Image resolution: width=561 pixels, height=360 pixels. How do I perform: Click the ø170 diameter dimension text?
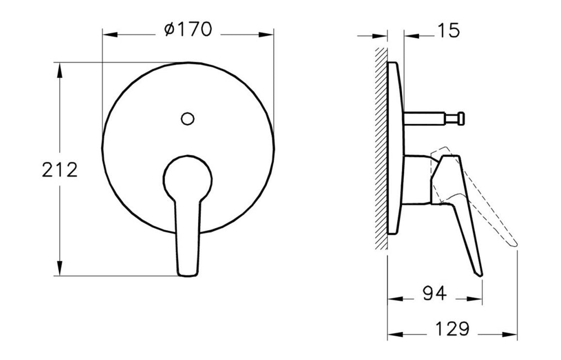tap(188, 30)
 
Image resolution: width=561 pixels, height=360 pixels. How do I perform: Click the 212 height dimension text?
tap(60, 170)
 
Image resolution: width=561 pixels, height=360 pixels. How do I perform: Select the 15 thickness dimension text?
tap(447, 31)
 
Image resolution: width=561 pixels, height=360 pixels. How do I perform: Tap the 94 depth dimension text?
tap(434, 294)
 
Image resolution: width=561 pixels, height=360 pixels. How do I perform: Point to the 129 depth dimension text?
tap(452, 329)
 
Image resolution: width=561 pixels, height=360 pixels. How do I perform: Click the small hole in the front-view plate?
tap(187, 118)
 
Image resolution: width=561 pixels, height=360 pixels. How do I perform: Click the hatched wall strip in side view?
tap(381, 146)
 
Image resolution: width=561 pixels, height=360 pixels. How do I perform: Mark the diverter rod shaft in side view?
tap(425, 118)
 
